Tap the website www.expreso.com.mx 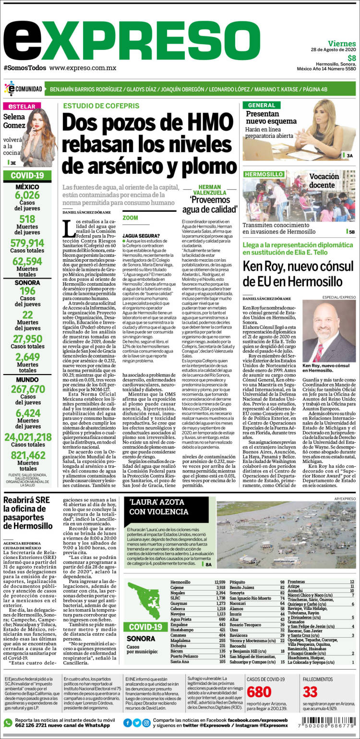coord(83,68)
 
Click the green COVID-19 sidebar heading coord(27,175)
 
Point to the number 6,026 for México coord(27,195)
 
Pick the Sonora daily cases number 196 coord(27,291)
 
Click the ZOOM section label coord(130,218)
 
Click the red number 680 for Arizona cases coord(259,692)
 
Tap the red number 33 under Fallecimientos coord(310,692)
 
